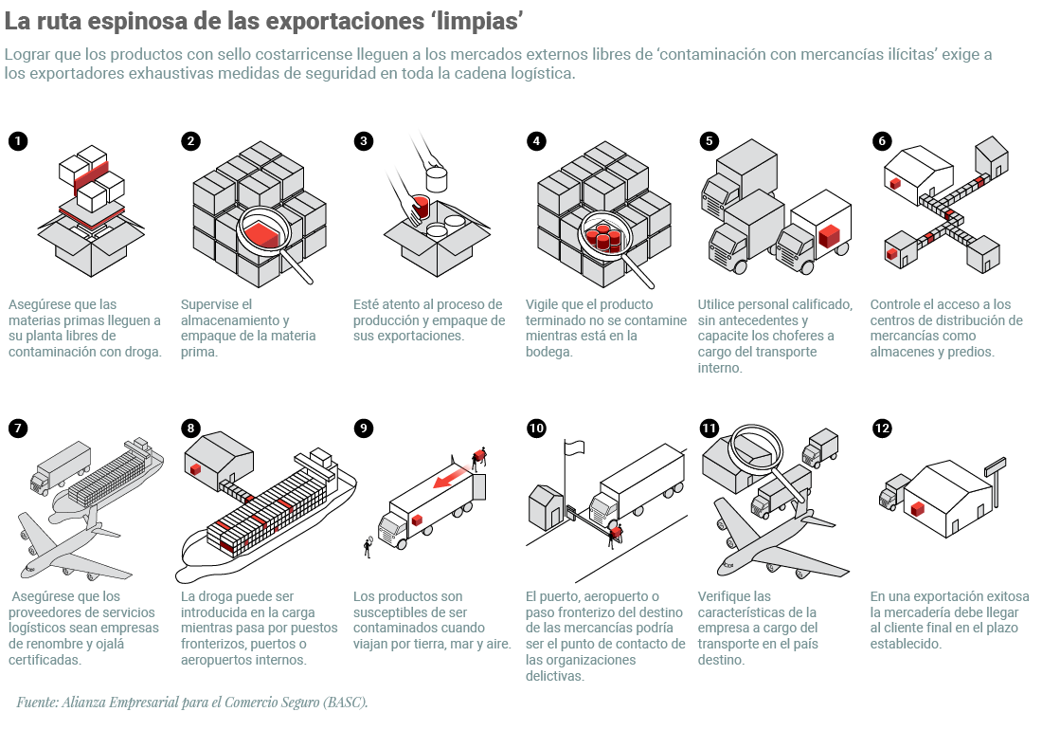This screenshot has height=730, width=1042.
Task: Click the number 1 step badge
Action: point(18,141)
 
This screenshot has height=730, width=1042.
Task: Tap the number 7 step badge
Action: point(18,428)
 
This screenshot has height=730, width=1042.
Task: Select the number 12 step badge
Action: point(883,428)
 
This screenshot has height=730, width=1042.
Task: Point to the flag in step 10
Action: point(576,446)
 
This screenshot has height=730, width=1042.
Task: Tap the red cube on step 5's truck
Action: point(830,235)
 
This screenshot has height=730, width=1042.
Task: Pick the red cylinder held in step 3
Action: point(422,206)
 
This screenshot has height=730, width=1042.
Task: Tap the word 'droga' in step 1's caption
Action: point(139,351)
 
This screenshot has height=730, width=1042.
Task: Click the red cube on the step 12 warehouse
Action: point(917,509)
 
